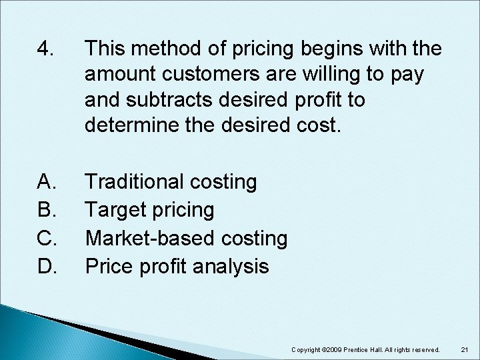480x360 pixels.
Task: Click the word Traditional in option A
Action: [x=136, y=181]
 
